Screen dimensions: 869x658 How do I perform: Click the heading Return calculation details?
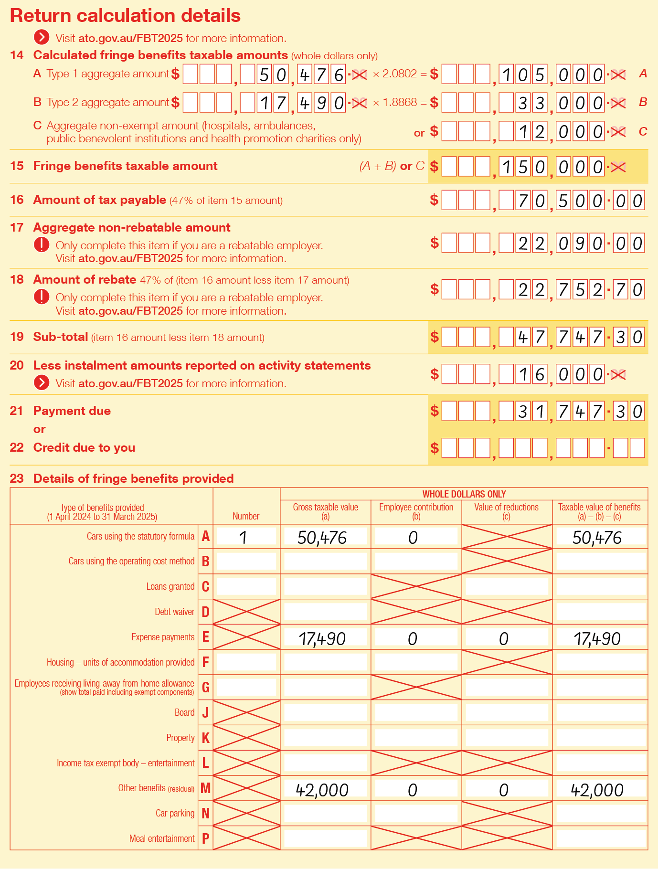click(x=125, y=16)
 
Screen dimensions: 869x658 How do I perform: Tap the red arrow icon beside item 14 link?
click(x=42, y=38)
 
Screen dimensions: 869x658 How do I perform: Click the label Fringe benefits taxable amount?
click(x=125, y=166)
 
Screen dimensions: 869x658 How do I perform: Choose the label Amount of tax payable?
click(x=99, y=200)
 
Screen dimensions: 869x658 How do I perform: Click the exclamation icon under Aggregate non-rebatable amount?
click(x=42, y=245)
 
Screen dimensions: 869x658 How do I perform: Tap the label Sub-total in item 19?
click(x=61, y=337)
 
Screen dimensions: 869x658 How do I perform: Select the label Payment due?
click(x=72, y=411)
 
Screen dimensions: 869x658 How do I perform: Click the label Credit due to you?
click(x=84, y=447)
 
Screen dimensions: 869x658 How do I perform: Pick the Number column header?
click(x=246, y=516)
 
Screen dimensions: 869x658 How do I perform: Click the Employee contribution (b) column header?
click(x=416, y=511)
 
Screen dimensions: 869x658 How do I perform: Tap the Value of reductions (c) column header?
click(x=506, y=511)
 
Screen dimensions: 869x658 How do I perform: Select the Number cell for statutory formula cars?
click(x=246, y=537)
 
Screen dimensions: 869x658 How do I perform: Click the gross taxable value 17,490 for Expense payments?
click(x=322, y=638)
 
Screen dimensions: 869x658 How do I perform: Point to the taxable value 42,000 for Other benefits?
click(x=597, y=790)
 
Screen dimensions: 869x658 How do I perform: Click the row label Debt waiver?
click(x=174, y=612)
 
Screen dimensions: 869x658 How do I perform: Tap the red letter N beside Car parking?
click(x=205, y=813)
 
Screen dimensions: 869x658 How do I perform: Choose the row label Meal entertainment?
click(x=162, y=838)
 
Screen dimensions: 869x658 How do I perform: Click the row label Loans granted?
click(x=170, y=586)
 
